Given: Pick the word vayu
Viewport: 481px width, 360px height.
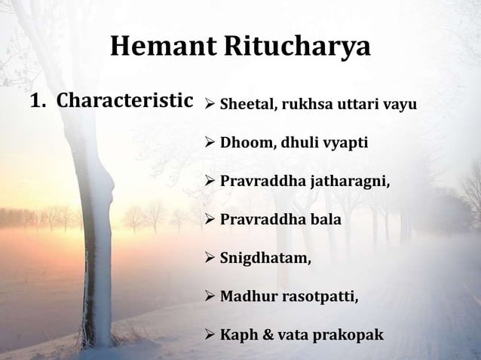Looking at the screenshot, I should click(x=400, y=105).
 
